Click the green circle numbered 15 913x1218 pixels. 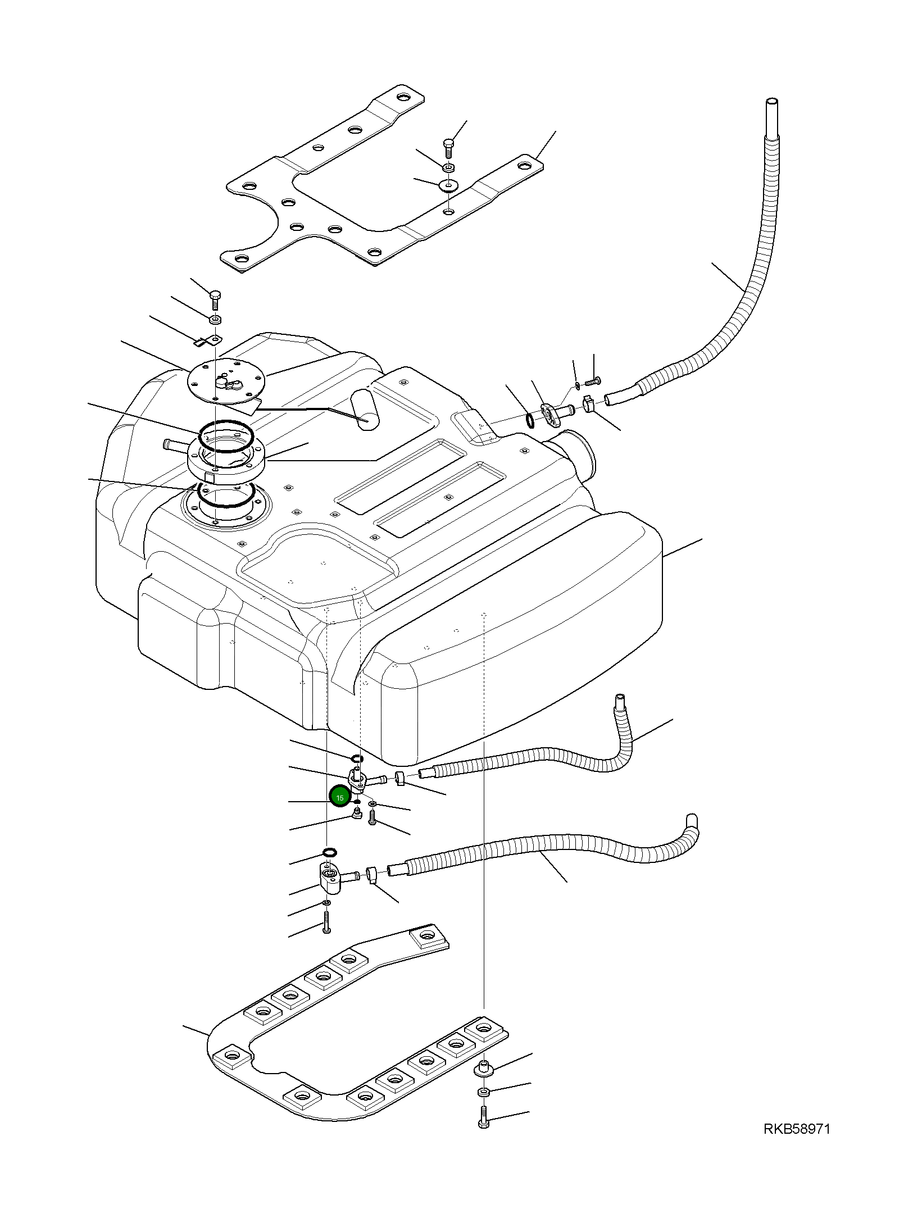339,798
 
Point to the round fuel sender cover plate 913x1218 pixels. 225,382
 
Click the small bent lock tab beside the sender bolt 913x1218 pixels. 207,339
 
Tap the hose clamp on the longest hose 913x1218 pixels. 588,403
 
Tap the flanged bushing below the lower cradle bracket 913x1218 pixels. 484,1069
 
